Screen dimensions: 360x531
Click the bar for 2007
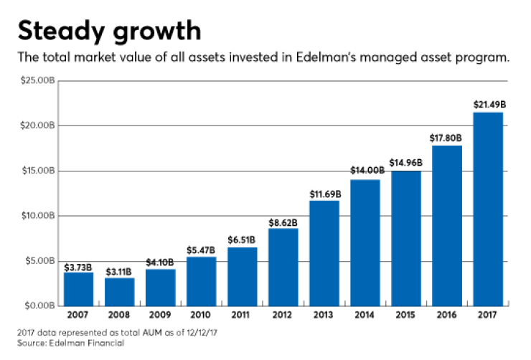tap(78, 288)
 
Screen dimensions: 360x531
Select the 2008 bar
tap(119, 291)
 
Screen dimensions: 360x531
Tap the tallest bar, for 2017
tap(488, 208)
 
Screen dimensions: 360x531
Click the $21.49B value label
tap(488, 105)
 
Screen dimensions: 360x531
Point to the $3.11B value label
tap(119, 270)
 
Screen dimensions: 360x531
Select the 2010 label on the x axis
tap(202, 316)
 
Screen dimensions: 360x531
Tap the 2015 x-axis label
tap(406, 316)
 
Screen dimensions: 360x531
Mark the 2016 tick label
tap(447, 316)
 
